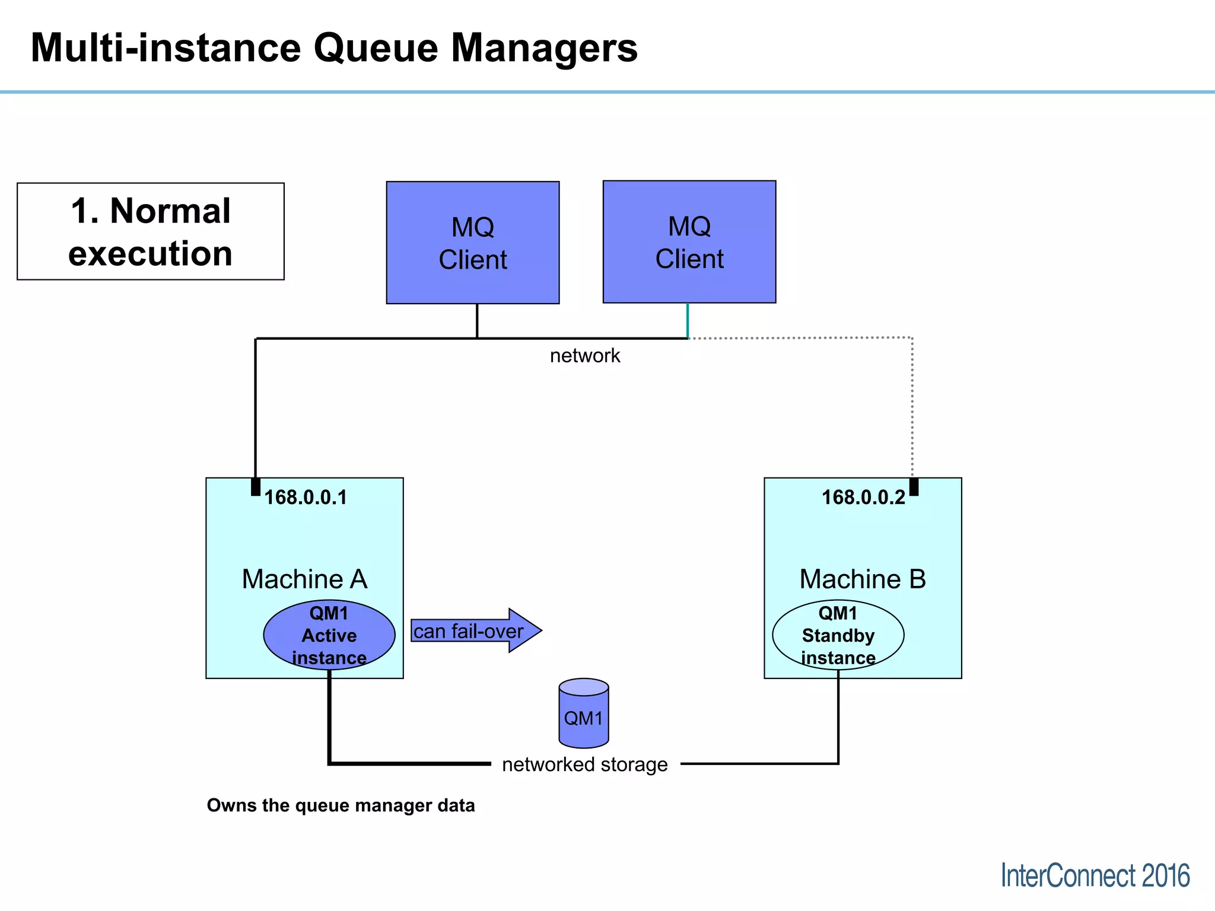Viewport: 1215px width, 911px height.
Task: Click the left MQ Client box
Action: [x=473, y=243]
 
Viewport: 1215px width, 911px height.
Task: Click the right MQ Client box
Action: [x=689, y=242]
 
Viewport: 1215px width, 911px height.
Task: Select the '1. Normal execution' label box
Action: [x=151, y=231]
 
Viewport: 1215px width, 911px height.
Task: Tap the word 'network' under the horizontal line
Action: [x=584, y=356]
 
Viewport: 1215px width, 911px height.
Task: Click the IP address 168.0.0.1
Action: [x=306, y=497]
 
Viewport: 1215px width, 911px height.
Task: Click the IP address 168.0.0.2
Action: [x=863, y=497]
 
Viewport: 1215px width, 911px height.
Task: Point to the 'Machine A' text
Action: [x=304, y=579]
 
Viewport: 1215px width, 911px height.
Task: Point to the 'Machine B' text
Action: [x=863, y=579]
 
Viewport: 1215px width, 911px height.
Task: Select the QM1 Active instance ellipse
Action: [x=329, y=635]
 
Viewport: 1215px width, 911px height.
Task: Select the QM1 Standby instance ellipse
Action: [x=838, y=635]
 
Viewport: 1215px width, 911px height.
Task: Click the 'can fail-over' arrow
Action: [x=475, y=631]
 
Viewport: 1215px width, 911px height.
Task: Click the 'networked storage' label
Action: [x=584, y=765]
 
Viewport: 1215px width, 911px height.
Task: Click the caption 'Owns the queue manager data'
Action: [x=341, y=805]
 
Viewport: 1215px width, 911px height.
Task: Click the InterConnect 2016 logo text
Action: [x=1095, y=875]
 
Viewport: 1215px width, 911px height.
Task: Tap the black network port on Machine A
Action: [x=256, y=486]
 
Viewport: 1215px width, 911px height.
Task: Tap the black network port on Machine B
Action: [x=914, y=486]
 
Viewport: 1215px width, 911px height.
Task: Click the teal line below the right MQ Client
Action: [x=688, y=320]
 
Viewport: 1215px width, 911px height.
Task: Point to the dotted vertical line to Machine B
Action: [x=912, y=409]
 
